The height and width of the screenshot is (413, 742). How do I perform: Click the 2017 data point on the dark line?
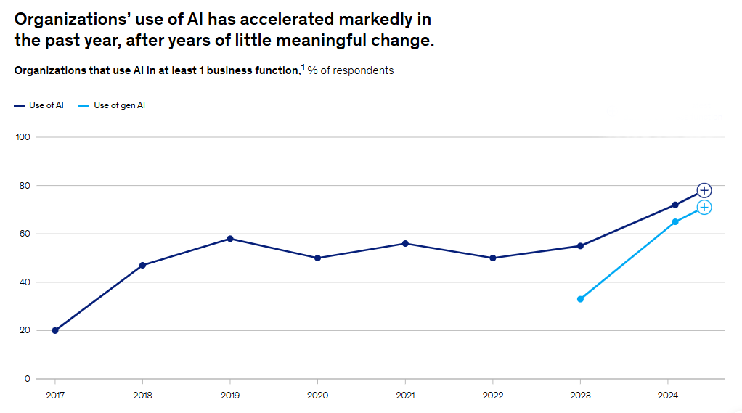point(55,330)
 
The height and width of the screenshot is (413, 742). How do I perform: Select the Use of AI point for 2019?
point(230,238)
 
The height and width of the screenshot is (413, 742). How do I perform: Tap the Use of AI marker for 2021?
point(405,243)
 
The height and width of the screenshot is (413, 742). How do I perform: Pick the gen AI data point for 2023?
point(580,299)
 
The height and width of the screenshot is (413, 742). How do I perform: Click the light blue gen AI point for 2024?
point(675,221)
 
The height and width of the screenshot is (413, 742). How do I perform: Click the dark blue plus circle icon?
point(704,190)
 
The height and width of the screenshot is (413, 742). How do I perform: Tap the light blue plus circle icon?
point(704,208)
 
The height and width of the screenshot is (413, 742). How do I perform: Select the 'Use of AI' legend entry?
point(39,105)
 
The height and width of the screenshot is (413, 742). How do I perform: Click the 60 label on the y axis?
point(24,234)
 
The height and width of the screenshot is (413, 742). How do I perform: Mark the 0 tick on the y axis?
point(27,379)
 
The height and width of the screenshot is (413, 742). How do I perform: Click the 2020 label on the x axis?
point(317,396)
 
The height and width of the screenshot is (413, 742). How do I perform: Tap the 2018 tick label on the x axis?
point(142,396)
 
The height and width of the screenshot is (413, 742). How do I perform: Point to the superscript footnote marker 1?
point(303,67)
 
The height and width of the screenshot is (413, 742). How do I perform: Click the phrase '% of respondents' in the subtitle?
point(351,70)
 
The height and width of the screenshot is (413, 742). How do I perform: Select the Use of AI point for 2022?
point(493,258)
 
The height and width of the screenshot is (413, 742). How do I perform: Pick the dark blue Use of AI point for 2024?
point(675,205)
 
